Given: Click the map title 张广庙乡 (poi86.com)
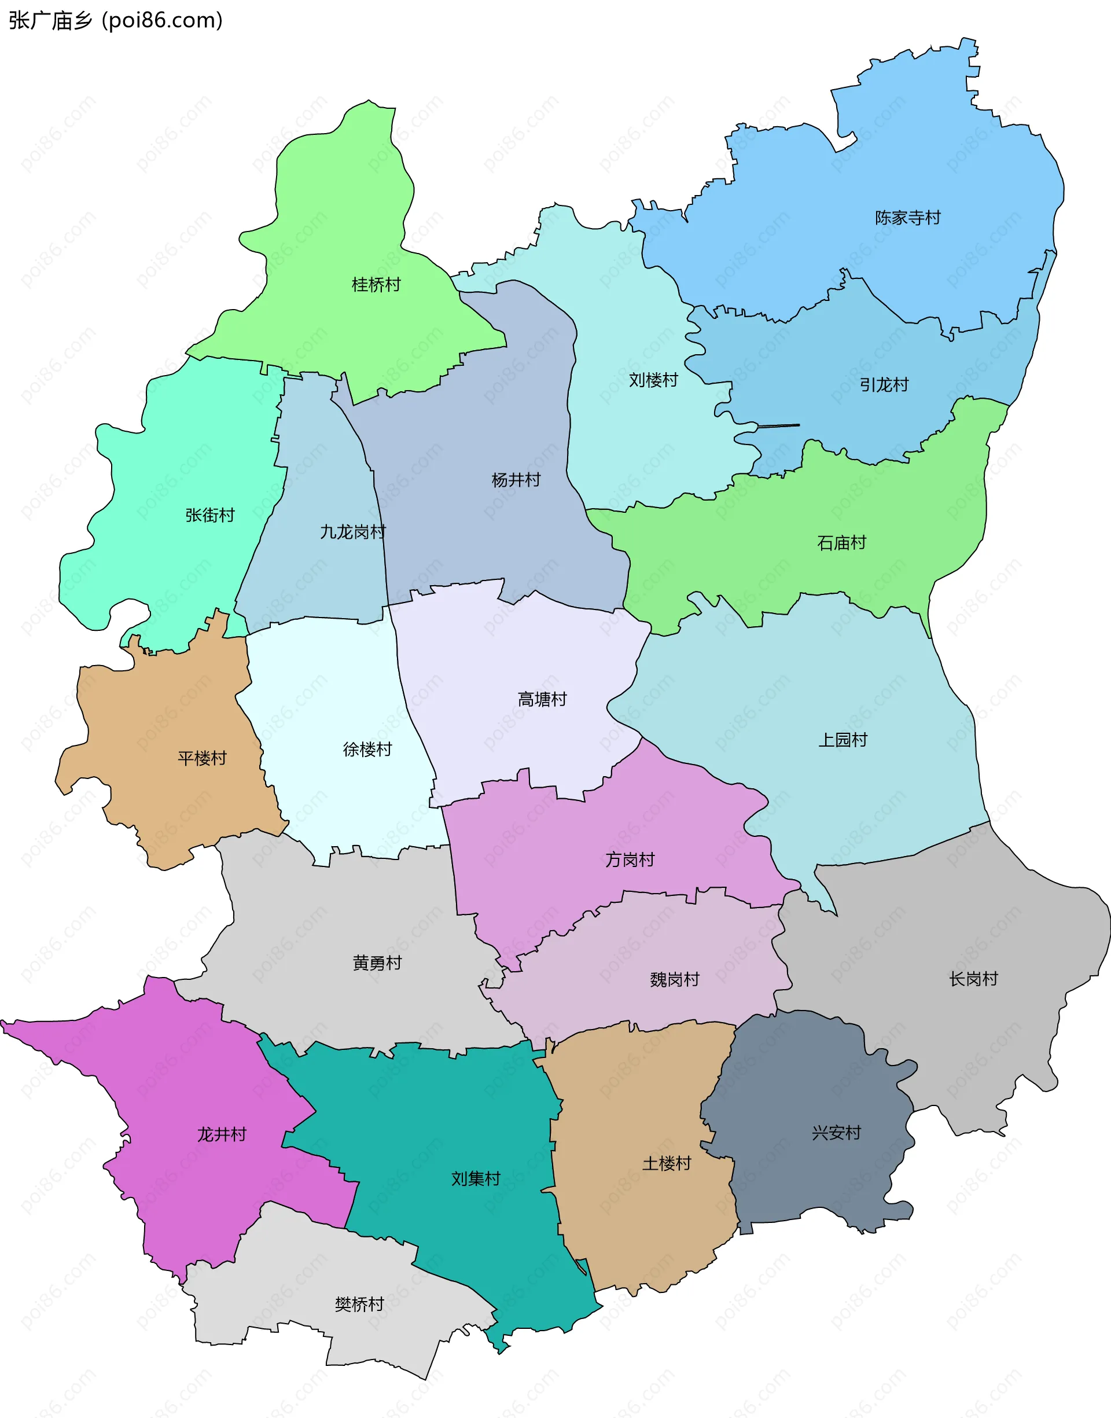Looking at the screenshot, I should (116, 21).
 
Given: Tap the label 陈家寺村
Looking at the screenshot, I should (907, 218).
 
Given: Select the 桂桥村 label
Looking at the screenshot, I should (376, 285).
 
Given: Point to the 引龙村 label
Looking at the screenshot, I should (884, 385).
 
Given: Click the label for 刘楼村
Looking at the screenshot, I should (653, 380).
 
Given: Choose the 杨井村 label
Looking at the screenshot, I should (516, 480).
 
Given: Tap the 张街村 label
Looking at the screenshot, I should (209, 515).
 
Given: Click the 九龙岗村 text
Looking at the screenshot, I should (352, 532).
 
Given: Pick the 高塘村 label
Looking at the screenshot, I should (542, 699).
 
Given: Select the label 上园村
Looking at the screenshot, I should (843, 740).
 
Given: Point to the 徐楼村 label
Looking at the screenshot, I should (367, 750).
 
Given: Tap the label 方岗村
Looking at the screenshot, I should (630, 860).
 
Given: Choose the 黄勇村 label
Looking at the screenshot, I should (377, 963).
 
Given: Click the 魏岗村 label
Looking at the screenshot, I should (675, 980).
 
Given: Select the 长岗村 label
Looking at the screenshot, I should (973, 979).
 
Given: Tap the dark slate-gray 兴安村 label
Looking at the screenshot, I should (836, 1133).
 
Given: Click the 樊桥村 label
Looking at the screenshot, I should (359, 1304).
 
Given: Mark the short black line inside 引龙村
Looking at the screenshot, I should (778, 426).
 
